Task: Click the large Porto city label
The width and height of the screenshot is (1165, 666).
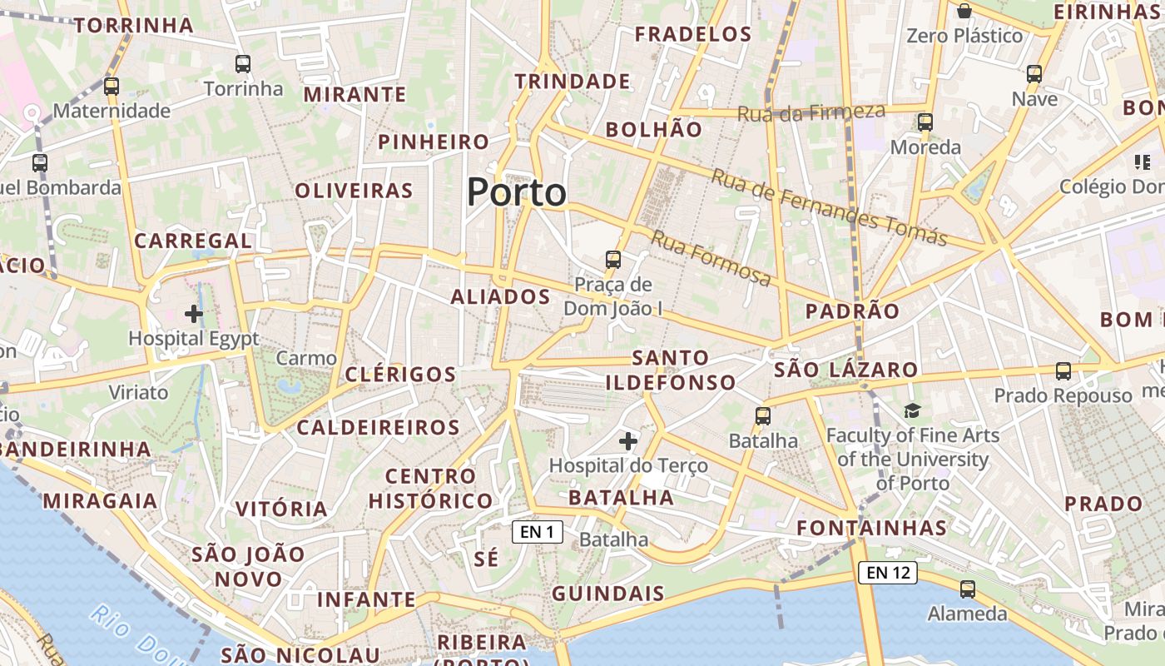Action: coord(516,192)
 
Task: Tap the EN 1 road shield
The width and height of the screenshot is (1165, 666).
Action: coord(537,532)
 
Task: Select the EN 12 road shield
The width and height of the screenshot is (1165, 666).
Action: coord(888,572)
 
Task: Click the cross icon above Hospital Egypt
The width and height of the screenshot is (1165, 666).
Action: coord(194,314)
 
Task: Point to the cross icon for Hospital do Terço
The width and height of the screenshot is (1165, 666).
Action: coord(628,440)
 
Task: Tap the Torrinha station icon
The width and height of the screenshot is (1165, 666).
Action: coord(243,64)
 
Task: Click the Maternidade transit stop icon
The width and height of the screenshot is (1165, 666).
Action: coord(112,86)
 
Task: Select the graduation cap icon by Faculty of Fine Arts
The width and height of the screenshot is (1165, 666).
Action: coord(913,410)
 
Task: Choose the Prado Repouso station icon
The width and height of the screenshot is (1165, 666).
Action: coord(1063,371)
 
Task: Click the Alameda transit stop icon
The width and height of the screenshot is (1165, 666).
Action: coord(967,589)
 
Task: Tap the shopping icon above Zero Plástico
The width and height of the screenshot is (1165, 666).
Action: coord(964,11)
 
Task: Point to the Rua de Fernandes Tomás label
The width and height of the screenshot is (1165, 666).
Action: coord(829,206)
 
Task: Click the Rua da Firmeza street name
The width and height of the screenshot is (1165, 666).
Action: coord(811,112)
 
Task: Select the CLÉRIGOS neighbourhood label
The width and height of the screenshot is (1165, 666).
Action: coord(400,374)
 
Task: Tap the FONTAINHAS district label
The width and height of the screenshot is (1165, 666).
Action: coord(871,528)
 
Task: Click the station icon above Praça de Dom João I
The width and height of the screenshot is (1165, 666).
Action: coord(613,260)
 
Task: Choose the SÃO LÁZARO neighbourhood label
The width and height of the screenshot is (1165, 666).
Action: coord(845,370)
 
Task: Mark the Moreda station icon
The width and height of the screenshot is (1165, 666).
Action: coord(925,122)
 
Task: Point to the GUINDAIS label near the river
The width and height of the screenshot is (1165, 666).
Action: coord(608,594)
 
